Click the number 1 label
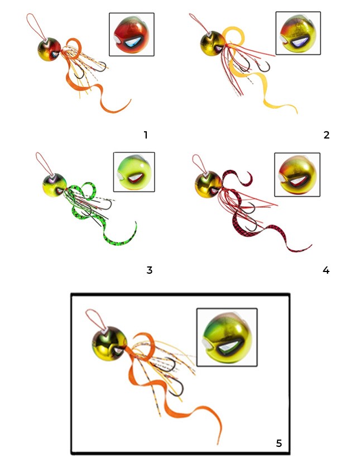point(146,135)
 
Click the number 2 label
point(327,135)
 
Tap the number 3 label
point(149,270)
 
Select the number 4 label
point(326,270)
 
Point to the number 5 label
point(279,443)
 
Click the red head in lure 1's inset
point(131,35)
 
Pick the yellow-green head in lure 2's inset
point(298,34)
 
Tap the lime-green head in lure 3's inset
point(134,173)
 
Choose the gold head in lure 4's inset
point(297,175)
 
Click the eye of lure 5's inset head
point(228,347)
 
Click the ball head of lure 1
point(49,49)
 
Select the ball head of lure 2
point(212,43)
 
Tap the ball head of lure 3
point(55,185)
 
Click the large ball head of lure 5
point(109,344)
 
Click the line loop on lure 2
point(199,23)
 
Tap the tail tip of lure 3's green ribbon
point(136,222)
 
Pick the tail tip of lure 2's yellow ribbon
point(297,113)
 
